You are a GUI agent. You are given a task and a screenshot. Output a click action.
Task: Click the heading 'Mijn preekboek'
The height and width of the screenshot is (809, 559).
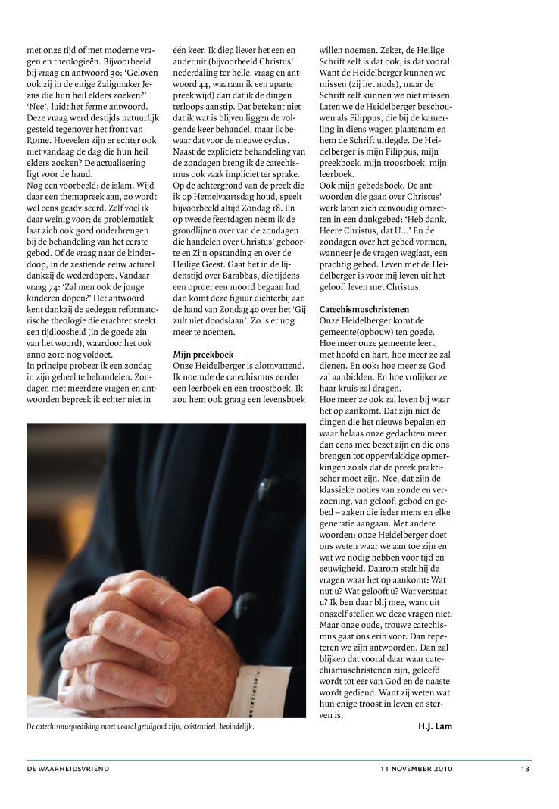tap(203, 354)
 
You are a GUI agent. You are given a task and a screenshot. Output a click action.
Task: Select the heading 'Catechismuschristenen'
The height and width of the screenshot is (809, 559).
tap(364, 310)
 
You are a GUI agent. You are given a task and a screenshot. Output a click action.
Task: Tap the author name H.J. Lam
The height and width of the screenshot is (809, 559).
tap(435, 726)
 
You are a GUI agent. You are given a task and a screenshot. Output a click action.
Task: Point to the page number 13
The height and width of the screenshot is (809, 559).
tap(525, 769)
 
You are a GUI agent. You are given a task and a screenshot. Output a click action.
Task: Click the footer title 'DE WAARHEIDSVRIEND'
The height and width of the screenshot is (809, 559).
tap(68, 769)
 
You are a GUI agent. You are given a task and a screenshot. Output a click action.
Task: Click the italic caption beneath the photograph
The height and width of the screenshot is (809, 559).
tap(141, 727)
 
